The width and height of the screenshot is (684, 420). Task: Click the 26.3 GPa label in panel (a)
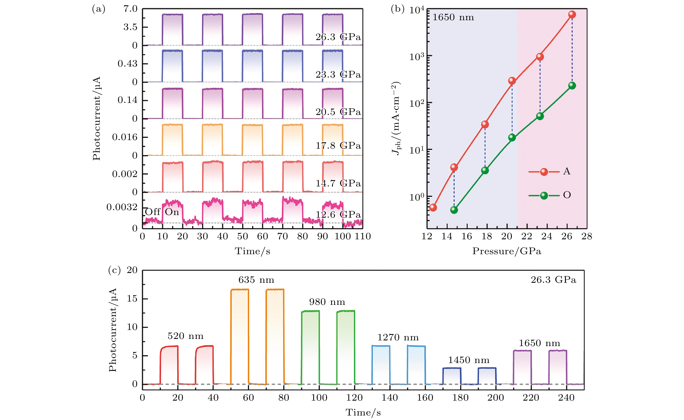(338, 37)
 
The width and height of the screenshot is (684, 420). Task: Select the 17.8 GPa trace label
(338, 146)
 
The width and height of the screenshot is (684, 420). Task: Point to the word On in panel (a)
(172, 212)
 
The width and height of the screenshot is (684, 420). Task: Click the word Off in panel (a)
(153, 212)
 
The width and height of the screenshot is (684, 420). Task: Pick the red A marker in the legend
(544, 172)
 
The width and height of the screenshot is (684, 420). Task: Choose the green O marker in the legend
(544, 196)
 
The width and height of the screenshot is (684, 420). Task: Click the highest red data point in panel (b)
(572, 14)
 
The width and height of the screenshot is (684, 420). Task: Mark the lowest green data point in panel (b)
(454, 210)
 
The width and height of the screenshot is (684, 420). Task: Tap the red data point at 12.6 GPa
(433, 207)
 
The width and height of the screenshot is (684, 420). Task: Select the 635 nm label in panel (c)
(256, 280)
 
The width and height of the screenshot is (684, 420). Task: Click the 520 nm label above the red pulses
(185, 336)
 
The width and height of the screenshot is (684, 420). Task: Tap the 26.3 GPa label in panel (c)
(553, 280)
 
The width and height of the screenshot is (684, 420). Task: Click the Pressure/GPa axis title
(507, 251)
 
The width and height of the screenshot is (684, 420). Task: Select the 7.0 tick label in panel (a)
(130, 9)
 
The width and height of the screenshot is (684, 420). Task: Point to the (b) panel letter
(398, 9)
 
